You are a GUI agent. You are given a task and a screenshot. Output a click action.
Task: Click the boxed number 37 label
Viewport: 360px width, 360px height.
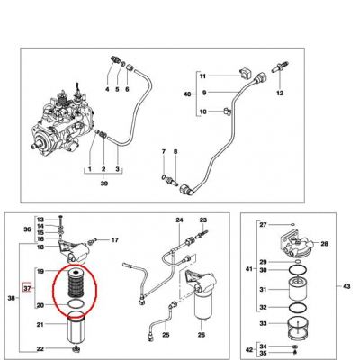[x=27, y=288]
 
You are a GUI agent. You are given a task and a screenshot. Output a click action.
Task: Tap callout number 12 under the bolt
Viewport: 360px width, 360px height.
[x=280, y=94]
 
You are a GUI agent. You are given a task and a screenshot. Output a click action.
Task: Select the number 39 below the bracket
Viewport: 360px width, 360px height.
[x=104, y=184]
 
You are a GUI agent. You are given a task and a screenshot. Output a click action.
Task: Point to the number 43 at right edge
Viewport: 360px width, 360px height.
[x=346, y=286]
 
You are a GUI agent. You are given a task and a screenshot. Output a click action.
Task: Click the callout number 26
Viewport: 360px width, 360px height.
[x=202, y=335]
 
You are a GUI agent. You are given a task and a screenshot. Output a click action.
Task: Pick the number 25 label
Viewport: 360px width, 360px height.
[x=166, y=335]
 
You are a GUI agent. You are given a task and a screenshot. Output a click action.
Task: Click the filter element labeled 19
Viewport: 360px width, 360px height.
[x=74, y=282]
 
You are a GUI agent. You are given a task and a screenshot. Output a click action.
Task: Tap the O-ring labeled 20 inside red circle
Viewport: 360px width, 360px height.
[x=75, y=304]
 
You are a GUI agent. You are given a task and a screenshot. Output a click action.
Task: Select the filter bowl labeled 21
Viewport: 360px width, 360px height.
[x=76, y=328]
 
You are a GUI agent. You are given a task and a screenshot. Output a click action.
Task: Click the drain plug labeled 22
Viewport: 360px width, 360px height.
[x=76, y=348]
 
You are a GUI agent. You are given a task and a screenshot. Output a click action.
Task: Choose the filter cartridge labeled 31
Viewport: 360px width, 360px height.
[x=298, y=289]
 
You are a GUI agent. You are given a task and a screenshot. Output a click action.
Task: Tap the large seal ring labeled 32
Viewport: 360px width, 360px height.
[x=298, y=308]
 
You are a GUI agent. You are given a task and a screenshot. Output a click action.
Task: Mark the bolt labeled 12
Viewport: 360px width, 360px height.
[x=280, y=67]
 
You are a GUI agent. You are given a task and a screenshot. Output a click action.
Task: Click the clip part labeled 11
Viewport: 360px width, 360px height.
[x=245, y=75]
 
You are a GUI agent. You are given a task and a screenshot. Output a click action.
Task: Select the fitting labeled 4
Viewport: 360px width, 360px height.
[x=113, y=58]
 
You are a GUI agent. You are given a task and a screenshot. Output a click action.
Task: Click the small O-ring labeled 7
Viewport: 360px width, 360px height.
[x=163, y=176]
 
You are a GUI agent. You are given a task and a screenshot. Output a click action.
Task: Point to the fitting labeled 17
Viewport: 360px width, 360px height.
[x=92, y=241]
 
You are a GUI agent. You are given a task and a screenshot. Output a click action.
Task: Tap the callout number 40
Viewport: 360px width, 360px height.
[x=187, y=94]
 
